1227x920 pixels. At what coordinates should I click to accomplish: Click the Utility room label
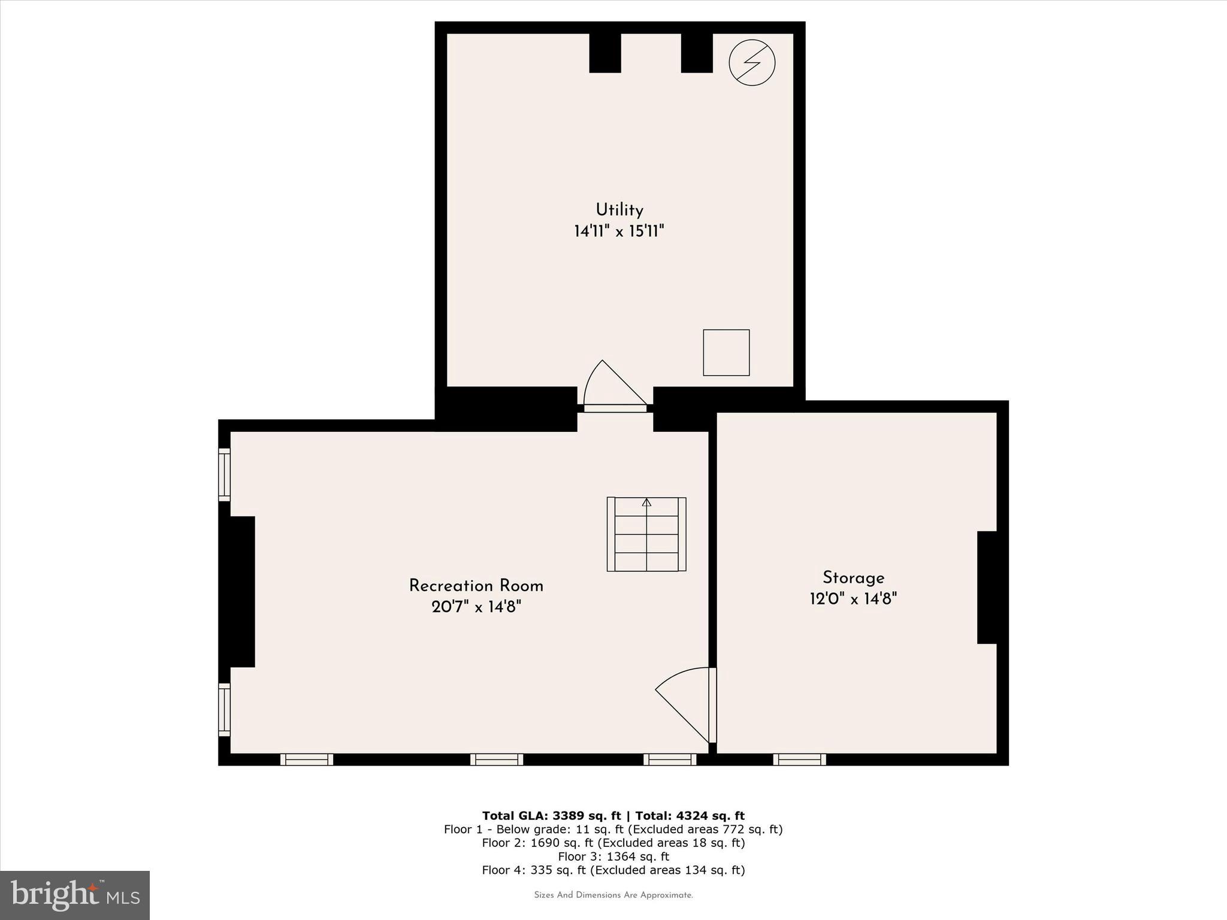pyautogui.click(x=619, y=210)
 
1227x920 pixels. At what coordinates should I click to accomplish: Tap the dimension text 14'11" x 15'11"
pyautogui.click(x=619, y=231)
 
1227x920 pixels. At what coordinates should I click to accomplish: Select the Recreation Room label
pyautogui.click(x=476, y=586)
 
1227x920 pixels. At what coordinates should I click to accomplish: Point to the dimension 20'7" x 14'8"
pyautogui.click(x=476, y=607)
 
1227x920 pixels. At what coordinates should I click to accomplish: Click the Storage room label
pyautogui.click(x=853, y=577)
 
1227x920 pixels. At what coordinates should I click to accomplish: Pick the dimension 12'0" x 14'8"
pyautogui.click(x=853, y=598)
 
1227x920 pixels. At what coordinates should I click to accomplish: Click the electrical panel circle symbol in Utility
pyautogui.click(x=752, y=62)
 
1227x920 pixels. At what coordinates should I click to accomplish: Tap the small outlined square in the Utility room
pyautogui.click(x=726, y=353)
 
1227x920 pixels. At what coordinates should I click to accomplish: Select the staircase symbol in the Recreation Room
pyautogui.click(x=646, y=534)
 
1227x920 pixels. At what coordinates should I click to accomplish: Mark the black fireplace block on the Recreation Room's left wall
pyautogui.click(x=238, y=591)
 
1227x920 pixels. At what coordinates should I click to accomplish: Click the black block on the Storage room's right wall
pyautogui.click(x=987, y=587)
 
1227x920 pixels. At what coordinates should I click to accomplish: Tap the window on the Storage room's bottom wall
pyautogui.click(x=799, y=759)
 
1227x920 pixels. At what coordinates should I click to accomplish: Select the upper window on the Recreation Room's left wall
pyautogui.click(x=224, y=474)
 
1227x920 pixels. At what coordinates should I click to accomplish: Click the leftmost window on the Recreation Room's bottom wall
pyautogui.click(x=307, y=759)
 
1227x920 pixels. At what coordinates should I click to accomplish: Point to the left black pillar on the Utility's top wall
pyautogui.click(x=605, y=53)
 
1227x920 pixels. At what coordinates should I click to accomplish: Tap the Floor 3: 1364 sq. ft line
pyautogui.click(x=613, y=857)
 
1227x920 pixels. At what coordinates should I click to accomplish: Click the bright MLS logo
pyautogui.click(x=75, y=895)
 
